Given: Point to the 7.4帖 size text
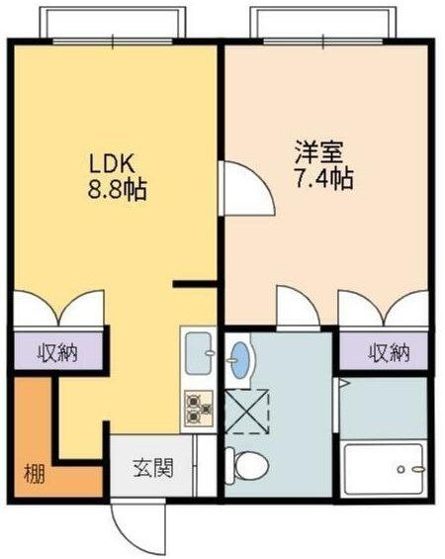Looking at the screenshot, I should [x=322, y=179].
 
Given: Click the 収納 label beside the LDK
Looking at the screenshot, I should [x=57, y=351].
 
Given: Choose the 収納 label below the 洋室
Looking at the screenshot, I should [x=389, y=351].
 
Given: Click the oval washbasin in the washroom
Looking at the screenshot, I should [x=240, y=360].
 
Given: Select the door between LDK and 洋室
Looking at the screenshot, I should [x=243, y=189].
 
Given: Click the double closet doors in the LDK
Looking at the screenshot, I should [x=57, y=309].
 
